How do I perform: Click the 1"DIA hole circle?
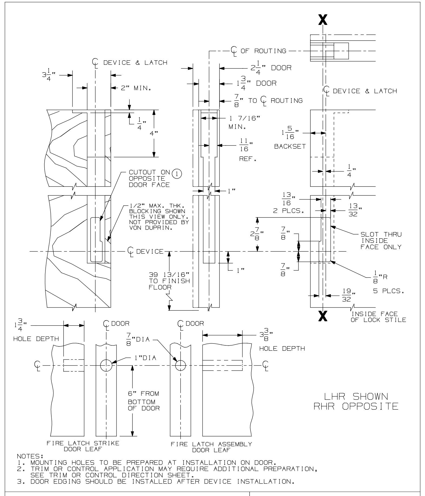106,365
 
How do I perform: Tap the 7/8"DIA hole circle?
181,366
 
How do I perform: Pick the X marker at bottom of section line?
323,316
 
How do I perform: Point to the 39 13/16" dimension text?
170,275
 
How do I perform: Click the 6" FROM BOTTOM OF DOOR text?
144,401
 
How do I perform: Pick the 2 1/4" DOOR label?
271,68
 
